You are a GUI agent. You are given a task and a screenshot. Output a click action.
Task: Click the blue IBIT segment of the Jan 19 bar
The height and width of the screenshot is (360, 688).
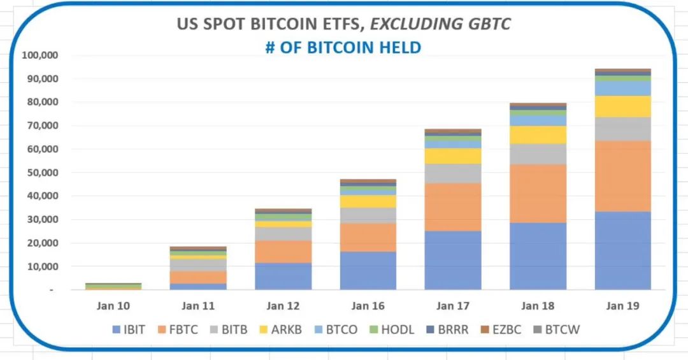[622, 250]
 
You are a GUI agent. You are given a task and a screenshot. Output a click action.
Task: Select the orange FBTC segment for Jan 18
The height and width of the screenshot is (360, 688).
[538, 193]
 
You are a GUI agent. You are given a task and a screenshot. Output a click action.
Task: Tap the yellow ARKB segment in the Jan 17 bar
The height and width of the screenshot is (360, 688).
[453, 156]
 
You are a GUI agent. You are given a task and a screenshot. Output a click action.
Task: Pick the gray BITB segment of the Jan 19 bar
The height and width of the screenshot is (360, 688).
[622, 129]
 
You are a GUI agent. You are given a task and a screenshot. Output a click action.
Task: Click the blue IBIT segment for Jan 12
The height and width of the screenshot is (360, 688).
[283, 276]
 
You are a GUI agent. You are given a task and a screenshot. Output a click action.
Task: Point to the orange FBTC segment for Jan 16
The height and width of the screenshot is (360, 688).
[368, 237]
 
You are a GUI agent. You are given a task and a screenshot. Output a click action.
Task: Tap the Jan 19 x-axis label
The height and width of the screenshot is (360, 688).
[623, 306]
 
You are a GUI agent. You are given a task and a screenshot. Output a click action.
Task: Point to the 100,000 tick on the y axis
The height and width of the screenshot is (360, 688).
[40, 55]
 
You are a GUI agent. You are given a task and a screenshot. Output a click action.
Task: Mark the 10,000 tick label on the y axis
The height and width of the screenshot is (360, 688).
[43, 266]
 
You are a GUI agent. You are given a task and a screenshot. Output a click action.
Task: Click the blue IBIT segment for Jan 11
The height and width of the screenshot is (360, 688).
[198, 286]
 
